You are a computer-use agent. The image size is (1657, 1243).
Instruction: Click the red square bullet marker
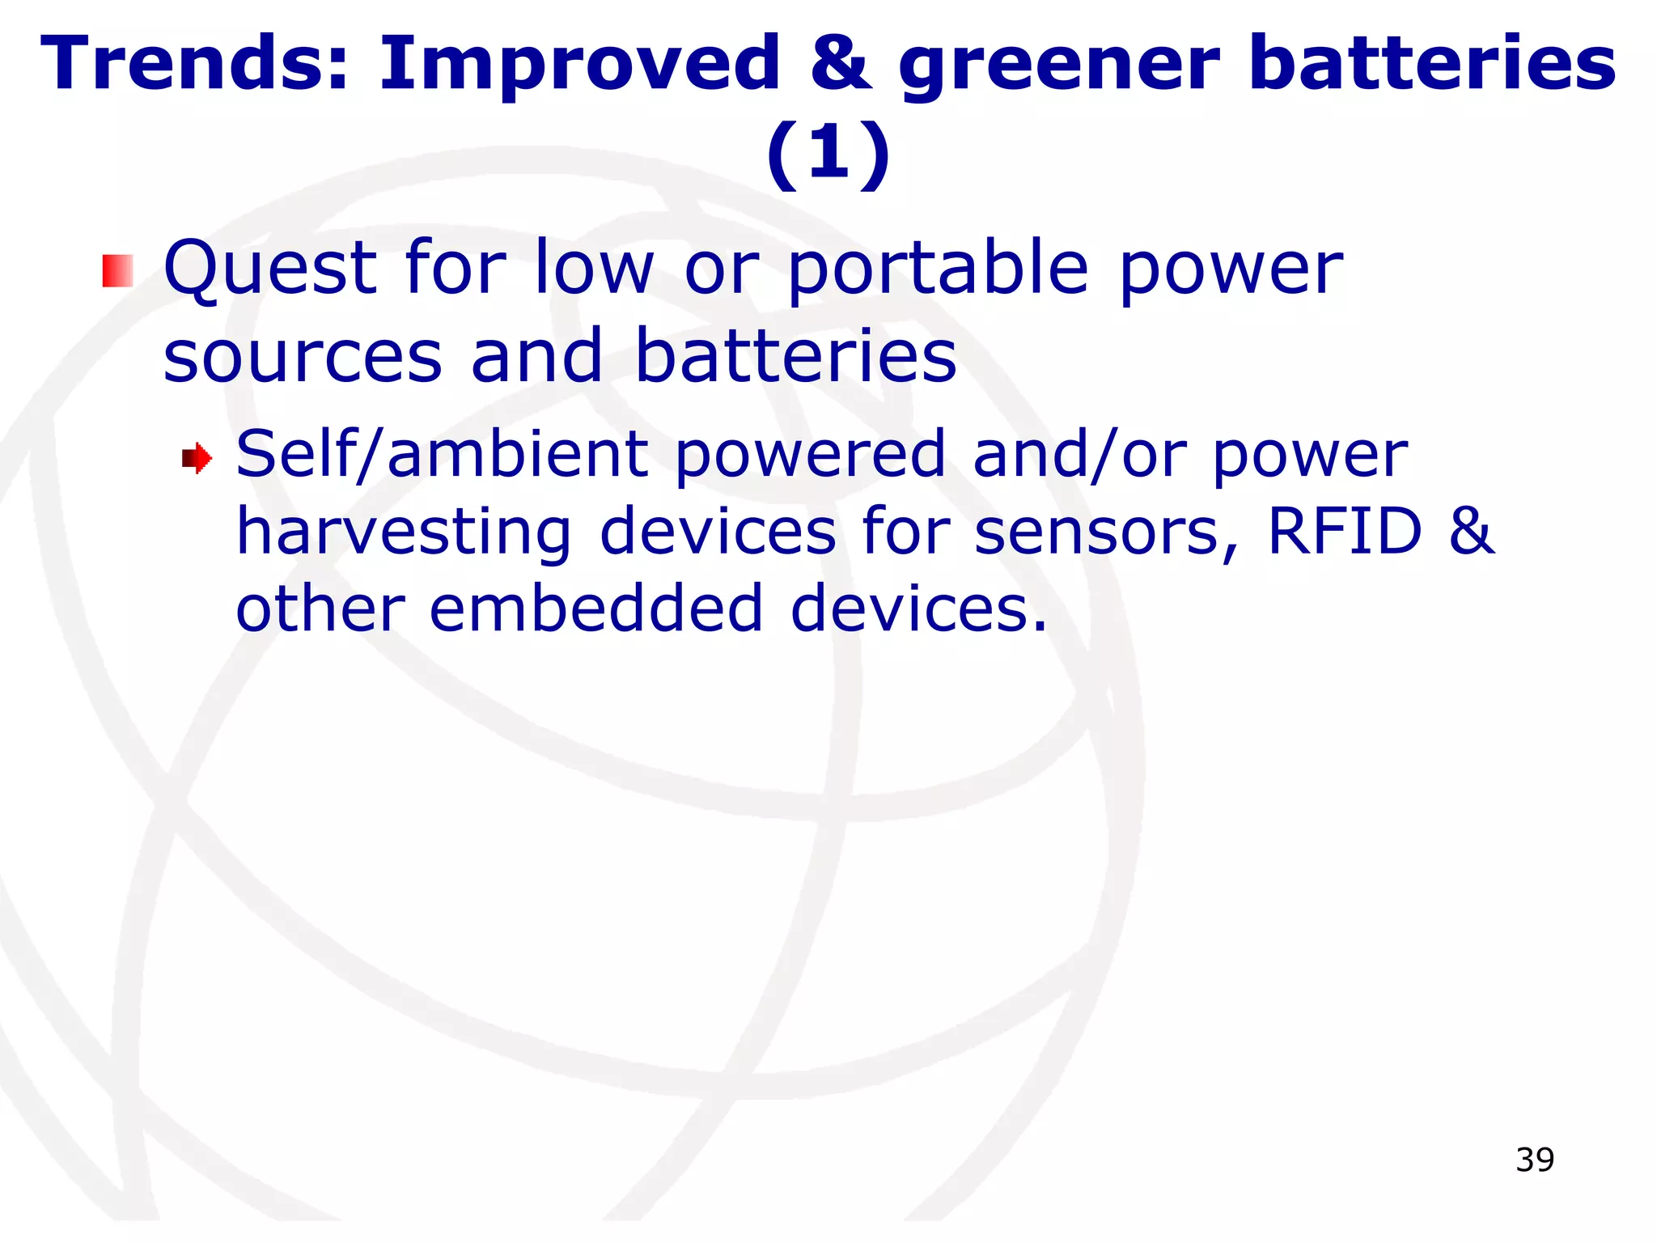117,271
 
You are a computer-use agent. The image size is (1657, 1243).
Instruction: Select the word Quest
270,269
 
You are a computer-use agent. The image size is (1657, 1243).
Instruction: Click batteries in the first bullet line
796,356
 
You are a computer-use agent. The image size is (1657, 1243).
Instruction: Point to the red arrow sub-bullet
197,459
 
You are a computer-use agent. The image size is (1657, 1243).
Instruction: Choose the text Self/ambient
442,456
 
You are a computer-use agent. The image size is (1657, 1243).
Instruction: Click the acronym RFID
1344,532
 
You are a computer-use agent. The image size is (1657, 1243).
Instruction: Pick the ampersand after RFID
1471,532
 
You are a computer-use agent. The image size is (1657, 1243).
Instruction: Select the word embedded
596,609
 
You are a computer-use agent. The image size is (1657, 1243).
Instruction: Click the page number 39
1535,1160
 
